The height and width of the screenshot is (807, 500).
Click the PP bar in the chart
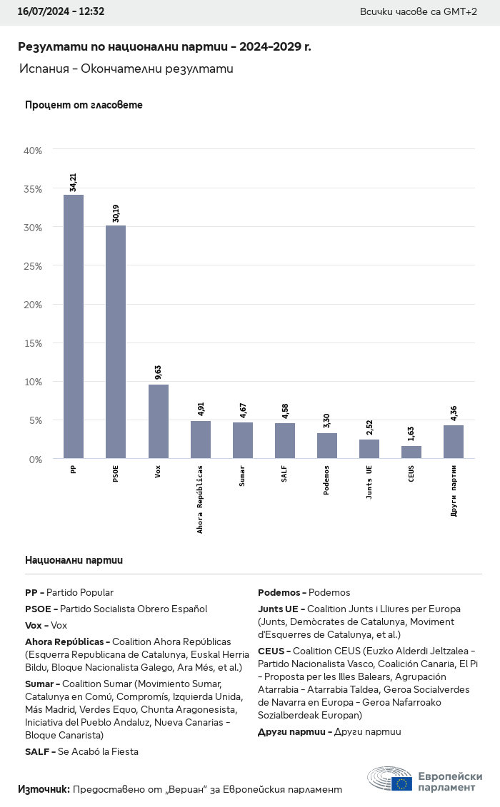pos(74,326)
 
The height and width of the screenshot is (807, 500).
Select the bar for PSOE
pos(116,342)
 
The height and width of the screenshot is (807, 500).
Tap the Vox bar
pos(158,421)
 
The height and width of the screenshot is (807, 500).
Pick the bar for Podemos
pos(327,445)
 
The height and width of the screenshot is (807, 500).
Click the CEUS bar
pos(411,452)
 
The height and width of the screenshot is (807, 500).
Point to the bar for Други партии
pos(454,442)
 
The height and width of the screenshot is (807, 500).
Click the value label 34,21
pos(74,182)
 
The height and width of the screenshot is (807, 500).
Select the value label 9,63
pos(158,372)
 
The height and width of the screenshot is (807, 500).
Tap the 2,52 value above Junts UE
pos(369,427)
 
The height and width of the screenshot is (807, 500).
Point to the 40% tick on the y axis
pos(34,151)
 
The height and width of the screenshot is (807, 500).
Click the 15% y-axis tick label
pos(34,343)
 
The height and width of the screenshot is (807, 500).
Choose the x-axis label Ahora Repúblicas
pos(200,499)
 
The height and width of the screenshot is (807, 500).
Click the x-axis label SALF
pos(284,474)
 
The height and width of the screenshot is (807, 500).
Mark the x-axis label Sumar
pos(242,476)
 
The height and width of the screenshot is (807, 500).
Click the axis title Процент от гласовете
pos(84,105)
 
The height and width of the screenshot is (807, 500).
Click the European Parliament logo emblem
pos(390,780)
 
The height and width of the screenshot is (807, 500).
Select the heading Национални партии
pos(74,560)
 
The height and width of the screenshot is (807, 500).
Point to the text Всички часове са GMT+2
pos(419,12)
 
